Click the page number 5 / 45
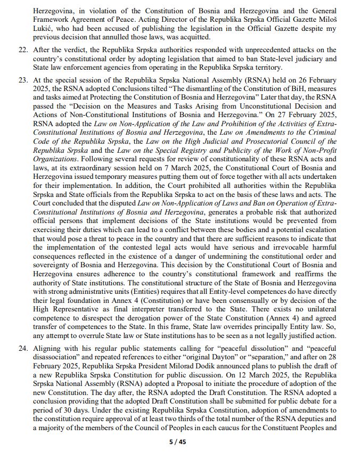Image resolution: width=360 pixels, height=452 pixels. [x=180, y=441]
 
